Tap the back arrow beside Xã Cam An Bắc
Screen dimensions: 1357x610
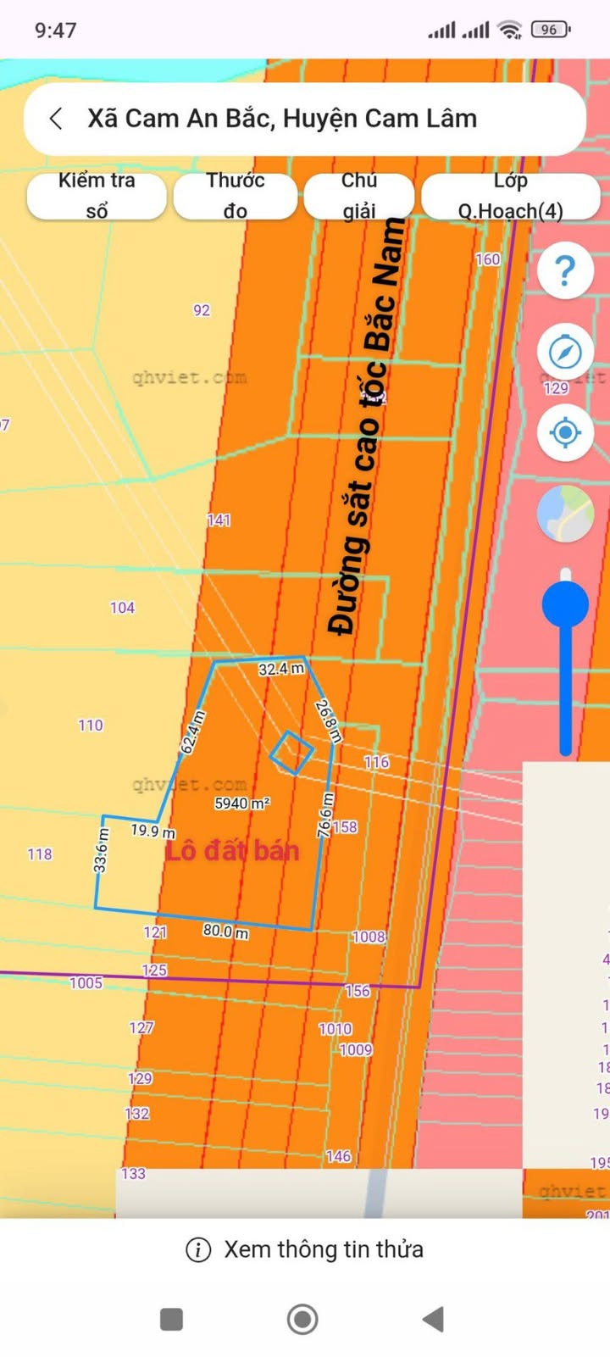(56, 119)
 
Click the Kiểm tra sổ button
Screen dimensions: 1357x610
(97, 196)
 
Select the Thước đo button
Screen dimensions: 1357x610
(236, 196)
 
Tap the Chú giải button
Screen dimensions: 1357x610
(359, 196)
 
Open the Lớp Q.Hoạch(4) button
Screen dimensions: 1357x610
(511, 196)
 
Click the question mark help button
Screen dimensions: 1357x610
(565, 270)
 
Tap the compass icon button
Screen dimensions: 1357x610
(565, 351)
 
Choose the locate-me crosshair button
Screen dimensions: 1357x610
(565, 432)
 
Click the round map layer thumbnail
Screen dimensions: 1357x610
(565, 514)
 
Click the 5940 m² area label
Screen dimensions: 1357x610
(242, 803)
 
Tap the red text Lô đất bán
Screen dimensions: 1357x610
(232, 851)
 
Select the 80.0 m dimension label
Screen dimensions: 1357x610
(225, 931)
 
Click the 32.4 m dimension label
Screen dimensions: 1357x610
(281, 669)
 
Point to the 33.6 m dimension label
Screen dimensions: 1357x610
(101, 851)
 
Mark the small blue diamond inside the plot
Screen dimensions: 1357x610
(292, 753)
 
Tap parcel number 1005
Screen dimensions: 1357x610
(86, 983)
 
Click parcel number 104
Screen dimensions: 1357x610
(122, 608)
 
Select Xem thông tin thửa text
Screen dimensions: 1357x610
(323, 1249)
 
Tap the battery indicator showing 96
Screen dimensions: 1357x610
(550, 30)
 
